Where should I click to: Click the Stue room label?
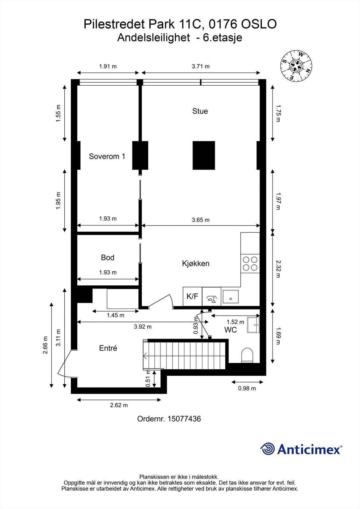click(x=200, y=111)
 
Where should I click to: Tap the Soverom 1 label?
click(x=107, y=156)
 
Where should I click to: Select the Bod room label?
click(x=107, y=257)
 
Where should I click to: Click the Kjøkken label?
click(x=195, y=263)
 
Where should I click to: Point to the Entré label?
click(x=108, y=348)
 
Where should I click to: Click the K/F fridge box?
click(x=192, y=296)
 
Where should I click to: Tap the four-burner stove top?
click(x=250, y=263)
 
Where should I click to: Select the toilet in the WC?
click(x=247, y=355)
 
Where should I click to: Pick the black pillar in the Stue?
click(x=204, y=155)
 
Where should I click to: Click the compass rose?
click(x=296, y=66)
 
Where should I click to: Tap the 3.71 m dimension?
click(x=201, y=66)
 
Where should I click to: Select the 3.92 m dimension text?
click(x=143, y=327)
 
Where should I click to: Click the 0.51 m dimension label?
click(x=148, y=379)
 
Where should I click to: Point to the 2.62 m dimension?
click(x=119, y=405)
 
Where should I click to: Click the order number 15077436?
click(x=169, y=419)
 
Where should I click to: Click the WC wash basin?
click(x=254, y=325)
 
